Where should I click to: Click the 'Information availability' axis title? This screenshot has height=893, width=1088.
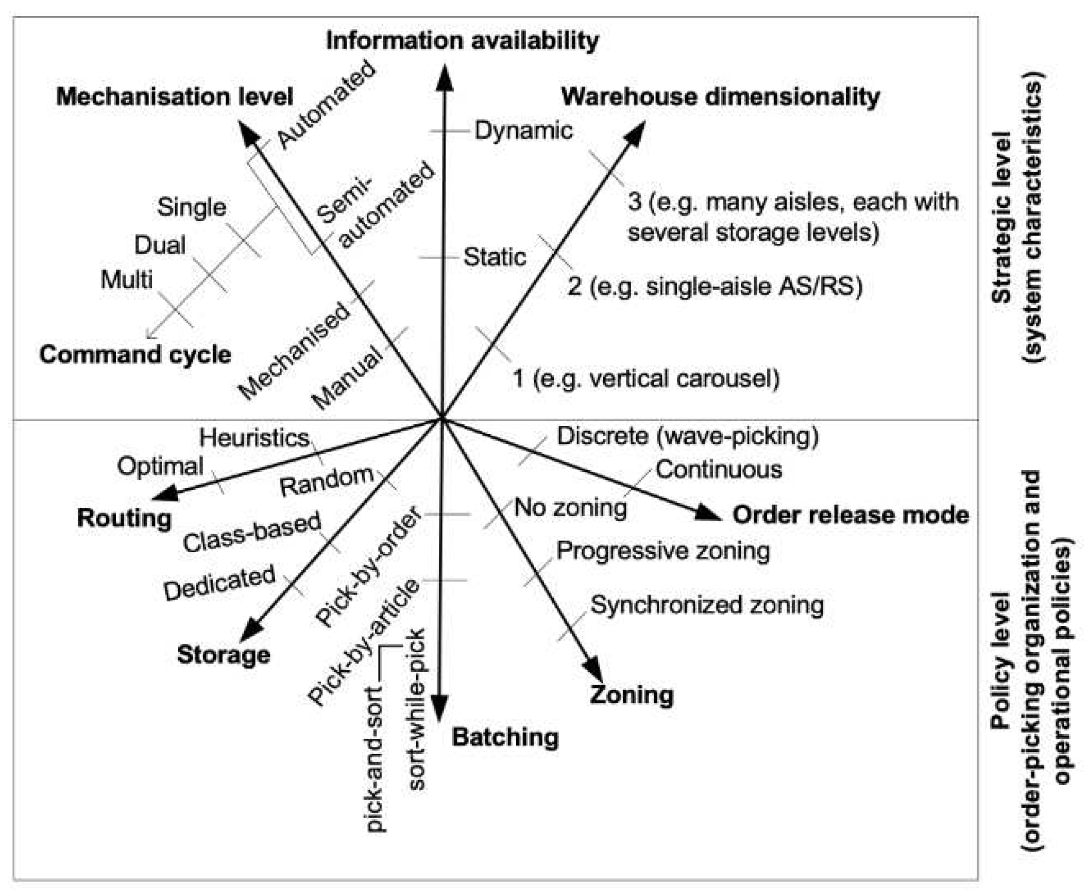(x=462, y=41)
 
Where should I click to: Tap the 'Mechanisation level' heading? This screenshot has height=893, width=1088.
(x=174, y=96)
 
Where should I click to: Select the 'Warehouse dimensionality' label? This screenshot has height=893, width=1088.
(x=720, y=96)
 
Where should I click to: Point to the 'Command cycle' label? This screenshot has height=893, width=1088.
(x=135, y=354)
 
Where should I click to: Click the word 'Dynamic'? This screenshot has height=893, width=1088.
(x=523, y=130)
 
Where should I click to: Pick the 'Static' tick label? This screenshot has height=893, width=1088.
(x=495, y=257)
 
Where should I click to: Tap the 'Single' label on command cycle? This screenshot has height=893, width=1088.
(x=192, y=207)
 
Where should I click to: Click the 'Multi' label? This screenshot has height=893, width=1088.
(x=127, y=280)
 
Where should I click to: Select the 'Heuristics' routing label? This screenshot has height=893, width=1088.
(x=254, y=438)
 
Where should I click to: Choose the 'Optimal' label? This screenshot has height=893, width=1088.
(x=160, y=466)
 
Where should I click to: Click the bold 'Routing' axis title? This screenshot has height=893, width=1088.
(x=124, y=518)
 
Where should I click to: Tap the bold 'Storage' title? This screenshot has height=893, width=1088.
(x=224, y=654)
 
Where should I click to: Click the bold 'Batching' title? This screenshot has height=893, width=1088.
(x=505, y=737)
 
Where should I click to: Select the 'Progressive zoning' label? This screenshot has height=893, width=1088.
(x=662, y=551)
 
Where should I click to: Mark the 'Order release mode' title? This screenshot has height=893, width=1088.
(x=851, y=515)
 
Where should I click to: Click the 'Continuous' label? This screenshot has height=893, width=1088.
(x=719, y=470)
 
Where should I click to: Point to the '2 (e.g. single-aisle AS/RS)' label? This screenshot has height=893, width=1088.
(x=715, y=286)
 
